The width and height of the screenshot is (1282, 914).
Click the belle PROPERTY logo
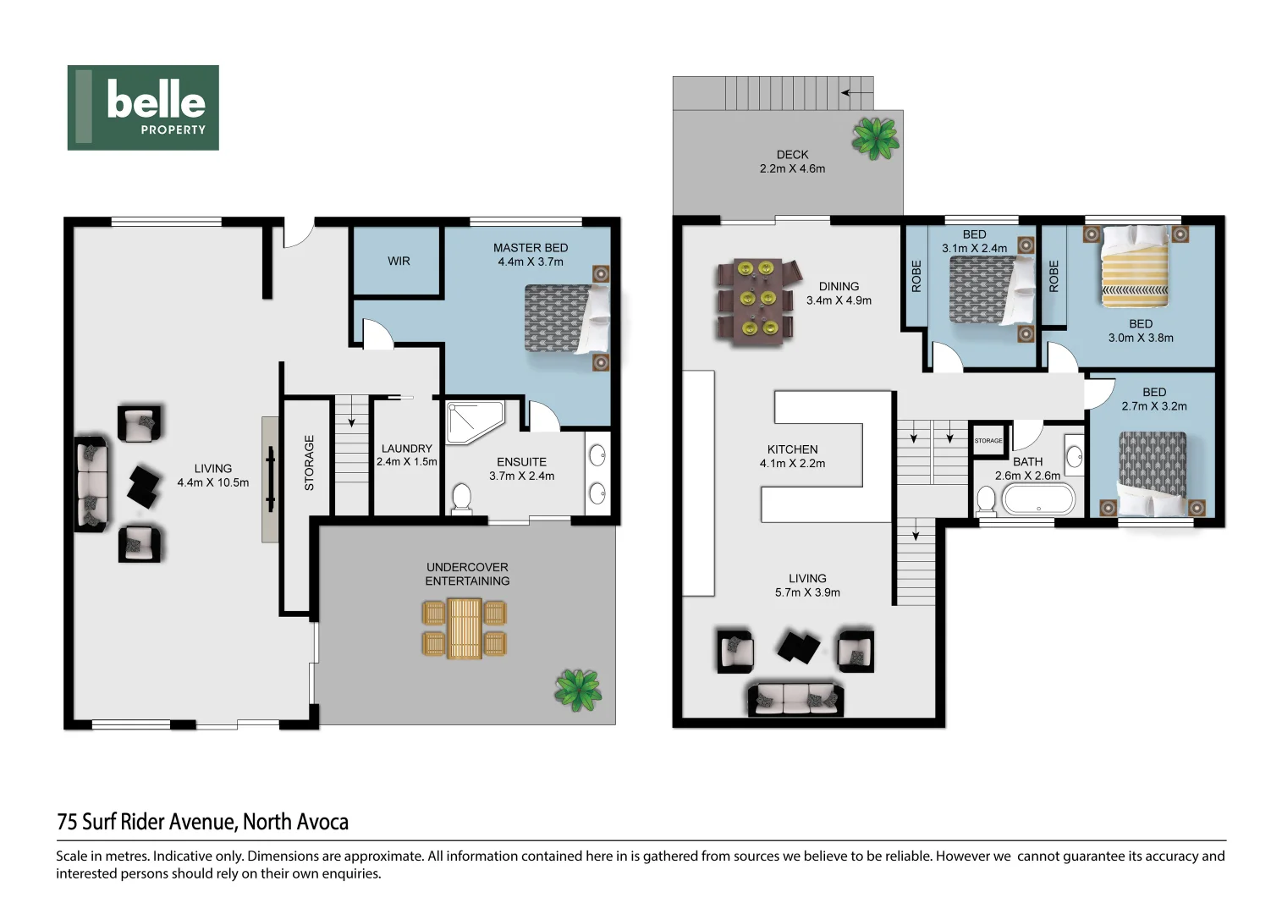pyautogui.click(x=143, y=107)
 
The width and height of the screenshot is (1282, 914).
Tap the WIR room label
pyautogui.click(x=399, y=262)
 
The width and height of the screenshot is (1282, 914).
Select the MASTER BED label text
pyautogui.click(x=531, y=248)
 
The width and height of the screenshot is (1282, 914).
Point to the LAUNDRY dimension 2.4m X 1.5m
pyautogui.click(x=407, y=462)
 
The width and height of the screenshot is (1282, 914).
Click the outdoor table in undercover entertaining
pyautogui.click(x=465, y=628)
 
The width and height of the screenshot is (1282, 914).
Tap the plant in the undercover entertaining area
pyautogui.click(x=578, y=689)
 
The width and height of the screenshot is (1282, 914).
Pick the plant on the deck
pyautogui.click(x=876, y=138)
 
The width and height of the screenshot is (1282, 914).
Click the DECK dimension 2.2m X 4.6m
pyautogui.click(x=792, y=168)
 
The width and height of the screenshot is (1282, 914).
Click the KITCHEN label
pyautogui.click(x=792, y=449)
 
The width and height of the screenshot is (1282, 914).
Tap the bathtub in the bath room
pyautogui.click(x=1038, y=499)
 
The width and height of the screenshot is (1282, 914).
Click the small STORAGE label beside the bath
pyautogui.click(x=988, y=441)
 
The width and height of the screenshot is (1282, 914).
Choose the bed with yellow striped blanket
pyautogui.click(x=1135, y=267)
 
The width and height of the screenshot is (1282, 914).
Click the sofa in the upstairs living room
pyautogui.click(x=795, y=699)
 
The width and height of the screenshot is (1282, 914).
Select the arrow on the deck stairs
pyautogui.click(x=856, y=92)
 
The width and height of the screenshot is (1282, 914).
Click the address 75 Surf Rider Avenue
pyautogui.click(x=202, y=822)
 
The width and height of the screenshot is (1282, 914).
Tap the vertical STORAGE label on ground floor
pyautogui.click(x=309, y=462)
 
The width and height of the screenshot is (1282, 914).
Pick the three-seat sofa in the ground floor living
pyautogui.click(x=91, y=484)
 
